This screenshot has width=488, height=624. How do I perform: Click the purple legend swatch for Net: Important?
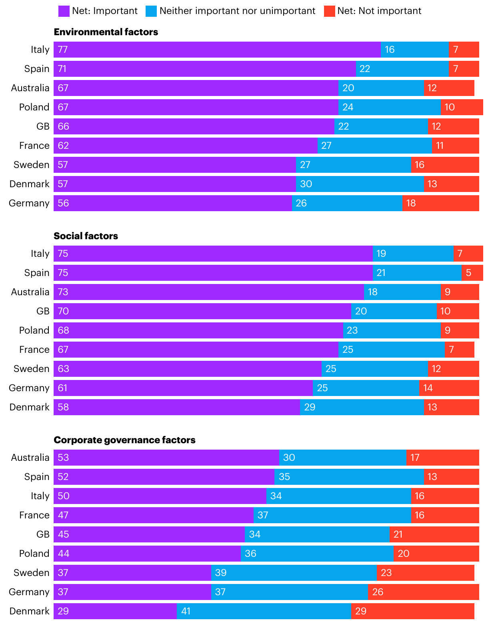point(64,11)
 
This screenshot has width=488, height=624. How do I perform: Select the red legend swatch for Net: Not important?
point(329,11)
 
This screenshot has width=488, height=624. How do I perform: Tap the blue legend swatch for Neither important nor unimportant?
point(151,11)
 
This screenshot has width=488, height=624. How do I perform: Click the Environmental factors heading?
point(106,32)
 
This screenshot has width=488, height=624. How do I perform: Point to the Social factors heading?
point(86,236)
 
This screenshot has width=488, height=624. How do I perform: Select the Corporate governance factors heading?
point(125,440)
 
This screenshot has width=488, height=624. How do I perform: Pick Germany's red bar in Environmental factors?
point(440,203)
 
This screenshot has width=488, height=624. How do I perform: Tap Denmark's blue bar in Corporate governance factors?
point(264,611)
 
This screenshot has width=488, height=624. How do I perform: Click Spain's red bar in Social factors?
point(472,273)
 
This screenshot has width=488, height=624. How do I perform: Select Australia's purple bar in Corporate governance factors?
point(166,458)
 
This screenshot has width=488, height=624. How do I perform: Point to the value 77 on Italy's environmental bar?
point(63,50)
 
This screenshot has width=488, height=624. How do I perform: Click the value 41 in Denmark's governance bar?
point(186,611)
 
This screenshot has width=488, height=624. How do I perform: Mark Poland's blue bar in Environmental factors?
point(389,107)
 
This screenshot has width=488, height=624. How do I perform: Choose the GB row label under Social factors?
point(43,311)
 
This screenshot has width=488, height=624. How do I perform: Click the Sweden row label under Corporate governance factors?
point(32,573)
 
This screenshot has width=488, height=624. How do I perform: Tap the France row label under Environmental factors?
point(34,146)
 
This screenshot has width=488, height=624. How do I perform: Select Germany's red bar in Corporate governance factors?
point(423,592)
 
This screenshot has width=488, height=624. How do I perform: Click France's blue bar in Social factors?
point(391,350)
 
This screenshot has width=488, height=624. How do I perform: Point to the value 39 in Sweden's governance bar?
point(221,573)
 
